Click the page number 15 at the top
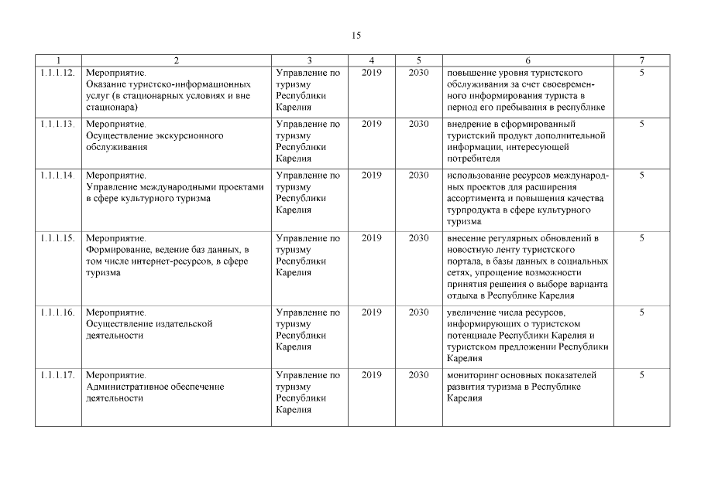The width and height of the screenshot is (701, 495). point(356,36)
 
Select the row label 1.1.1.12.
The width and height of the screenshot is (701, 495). point(57,73)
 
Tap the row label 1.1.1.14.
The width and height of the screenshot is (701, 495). point(57,176)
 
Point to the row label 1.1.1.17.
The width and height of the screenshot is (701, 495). point(57,375)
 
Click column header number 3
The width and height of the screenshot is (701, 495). point(309,60)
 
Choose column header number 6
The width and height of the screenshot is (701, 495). point(527,60)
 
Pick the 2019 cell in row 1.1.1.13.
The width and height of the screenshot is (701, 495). point(372,124)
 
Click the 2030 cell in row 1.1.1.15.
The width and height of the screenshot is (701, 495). point(418,238)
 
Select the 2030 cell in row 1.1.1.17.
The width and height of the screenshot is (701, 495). point(418,375)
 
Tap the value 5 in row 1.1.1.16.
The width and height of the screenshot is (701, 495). point(641,312)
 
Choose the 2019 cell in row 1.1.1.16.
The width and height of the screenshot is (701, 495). point(372,312)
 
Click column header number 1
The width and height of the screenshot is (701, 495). point(57,60)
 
